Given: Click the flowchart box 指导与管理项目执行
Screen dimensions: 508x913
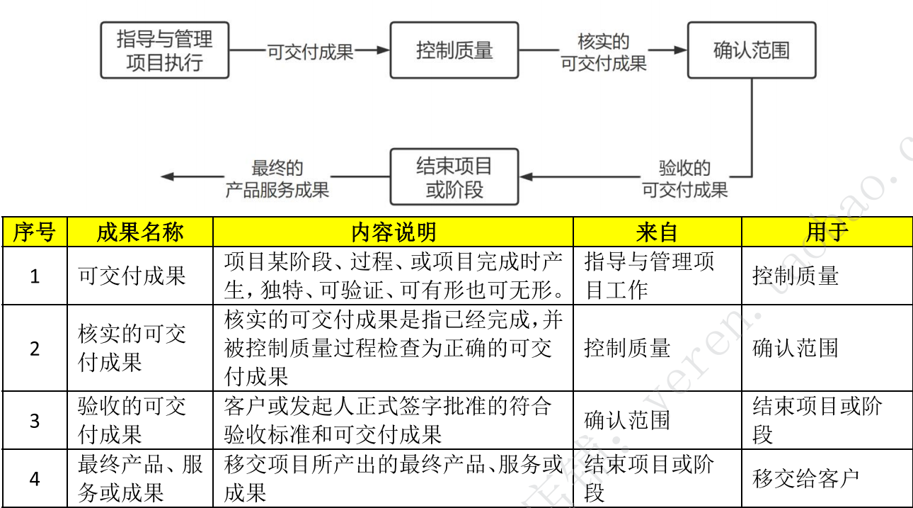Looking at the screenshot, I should [x=164, y=50].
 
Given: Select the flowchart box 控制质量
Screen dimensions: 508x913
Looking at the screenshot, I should [x=454, y=50].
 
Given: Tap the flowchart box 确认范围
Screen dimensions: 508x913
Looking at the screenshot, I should [x=751, y=50].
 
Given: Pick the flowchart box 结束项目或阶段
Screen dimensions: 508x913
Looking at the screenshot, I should [x=454, y=177].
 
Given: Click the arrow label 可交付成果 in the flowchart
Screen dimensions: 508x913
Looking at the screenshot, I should [x=310, y=51].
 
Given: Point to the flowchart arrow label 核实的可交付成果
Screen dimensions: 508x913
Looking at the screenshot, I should [x=603, y=52].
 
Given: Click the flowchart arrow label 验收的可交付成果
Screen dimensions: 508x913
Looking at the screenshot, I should [x=684, y=179].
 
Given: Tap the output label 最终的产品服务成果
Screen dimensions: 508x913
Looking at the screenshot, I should [x=277, y=179].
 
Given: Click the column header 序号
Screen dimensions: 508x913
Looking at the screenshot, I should [x=34, y=232].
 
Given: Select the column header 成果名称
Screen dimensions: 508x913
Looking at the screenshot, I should [x=140, y=232].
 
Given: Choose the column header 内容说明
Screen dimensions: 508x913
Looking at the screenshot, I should [x=393, y=232].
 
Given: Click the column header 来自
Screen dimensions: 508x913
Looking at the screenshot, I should [x=657, y=232].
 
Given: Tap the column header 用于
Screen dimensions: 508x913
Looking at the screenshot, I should [x=827, y=232].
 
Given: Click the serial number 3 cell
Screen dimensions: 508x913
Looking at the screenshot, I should [x=34, y=420].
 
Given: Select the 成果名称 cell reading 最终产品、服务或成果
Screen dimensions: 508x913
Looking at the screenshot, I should [x=140, y=479].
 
